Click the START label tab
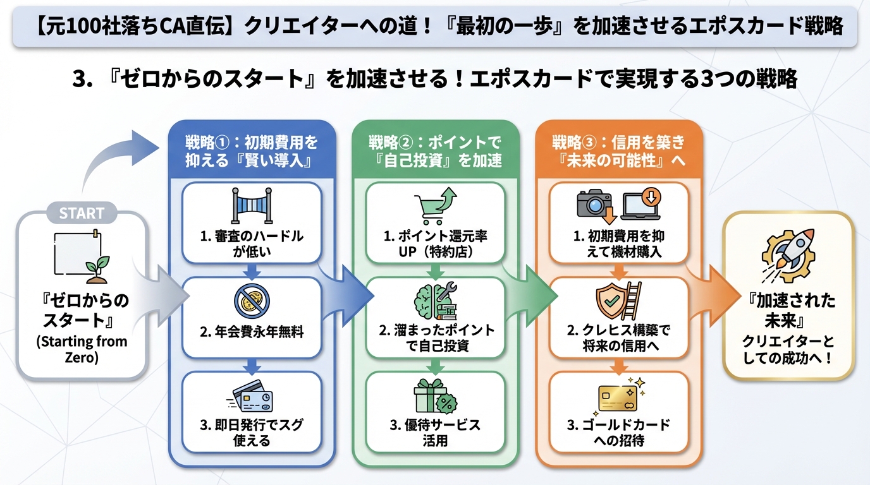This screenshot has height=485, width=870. [82, 213]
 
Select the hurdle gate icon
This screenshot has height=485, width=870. [252, 207]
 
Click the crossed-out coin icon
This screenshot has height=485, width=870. [252, 301]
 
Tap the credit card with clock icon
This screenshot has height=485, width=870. [252, 397]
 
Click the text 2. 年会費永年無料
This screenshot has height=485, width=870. [252, 332]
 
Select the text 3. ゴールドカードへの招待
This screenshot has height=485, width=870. [618, 432]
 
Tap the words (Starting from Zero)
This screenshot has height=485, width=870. [82, 349]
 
